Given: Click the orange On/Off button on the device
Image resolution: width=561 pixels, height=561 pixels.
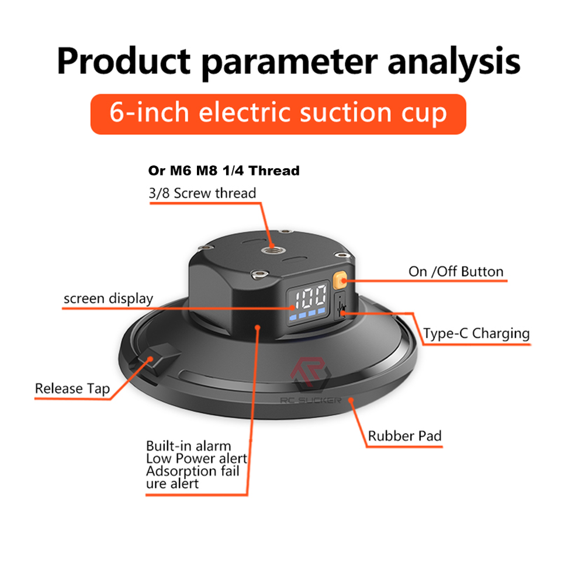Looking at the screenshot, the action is pyautogui.click(x=340, y=280).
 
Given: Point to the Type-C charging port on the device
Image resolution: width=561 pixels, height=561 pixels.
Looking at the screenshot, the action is pyautogui.click(x=340, y=305).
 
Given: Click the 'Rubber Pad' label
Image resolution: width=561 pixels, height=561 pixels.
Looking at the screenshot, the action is pyautogui.click(x=404, y=436).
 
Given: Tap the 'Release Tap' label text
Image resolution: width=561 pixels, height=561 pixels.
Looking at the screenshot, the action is pyautogui.click(x=72, y=389).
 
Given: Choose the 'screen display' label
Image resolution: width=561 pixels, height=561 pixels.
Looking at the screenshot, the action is pyautogui.click(x=109, y=299).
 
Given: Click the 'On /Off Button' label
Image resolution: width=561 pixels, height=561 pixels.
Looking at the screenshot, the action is pyautogui.click(x=456, y=272).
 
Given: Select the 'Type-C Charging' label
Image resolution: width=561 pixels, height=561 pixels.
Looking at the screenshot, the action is pyautogui.click(x=476, y=334).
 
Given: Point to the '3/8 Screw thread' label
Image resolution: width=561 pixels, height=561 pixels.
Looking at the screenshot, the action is pyautogui.click(x=202, y=193).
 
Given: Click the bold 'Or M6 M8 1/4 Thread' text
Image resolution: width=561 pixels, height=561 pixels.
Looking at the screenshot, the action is pyautogui.click(x=224, y=171).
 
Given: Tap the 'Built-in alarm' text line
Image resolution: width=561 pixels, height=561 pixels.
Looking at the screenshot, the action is pyautogui.click(x=189, y=446).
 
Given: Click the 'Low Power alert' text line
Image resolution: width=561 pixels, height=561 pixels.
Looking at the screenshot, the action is pyautogui.click(x=196, y=459).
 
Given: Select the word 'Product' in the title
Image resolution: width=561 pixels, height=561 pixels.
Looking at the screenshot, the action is pyautogui.click(x=124, y=61).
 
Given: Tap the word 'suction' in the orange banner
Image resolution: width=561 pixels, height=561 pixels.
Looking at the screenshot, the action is pyautogui.click(x=347, y=113).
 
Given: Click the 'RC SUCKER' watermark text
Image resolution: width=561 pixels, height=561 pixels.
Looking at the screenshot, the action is pyautogui.click(x=310, y=400).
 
